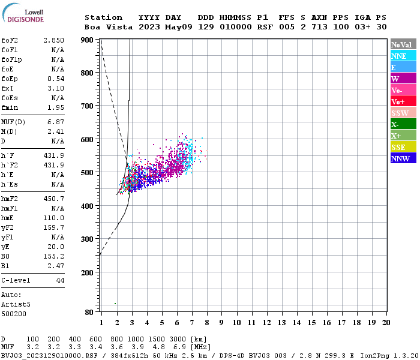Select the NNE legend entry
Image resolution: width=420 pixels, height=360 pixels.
(403, 56)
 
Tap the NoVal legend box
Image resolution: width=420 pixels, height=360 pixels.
(403, 44)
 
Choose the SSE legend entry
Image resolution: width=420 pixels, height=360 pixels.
(403, 147)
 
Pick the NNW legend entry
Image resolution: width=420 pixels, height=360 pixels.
(403, 158)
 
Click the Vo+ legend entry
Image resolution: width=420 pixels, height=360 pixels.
(403, 101)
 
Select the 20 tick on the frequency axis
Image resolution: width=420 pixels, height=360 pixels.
(386, 323)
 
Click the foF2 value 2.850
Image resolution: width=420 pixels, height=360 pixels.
(53, 40)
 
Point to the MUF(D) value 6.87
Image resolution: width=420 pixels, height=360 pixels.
(56, 122)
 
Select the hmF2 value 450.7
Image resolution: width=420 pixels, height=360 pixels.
(53, 198)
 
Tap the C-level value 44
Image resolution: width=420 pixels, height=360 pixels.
(60, 280)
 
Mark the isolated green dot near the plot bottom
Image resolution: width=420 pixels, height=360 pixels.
(115, 304)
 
